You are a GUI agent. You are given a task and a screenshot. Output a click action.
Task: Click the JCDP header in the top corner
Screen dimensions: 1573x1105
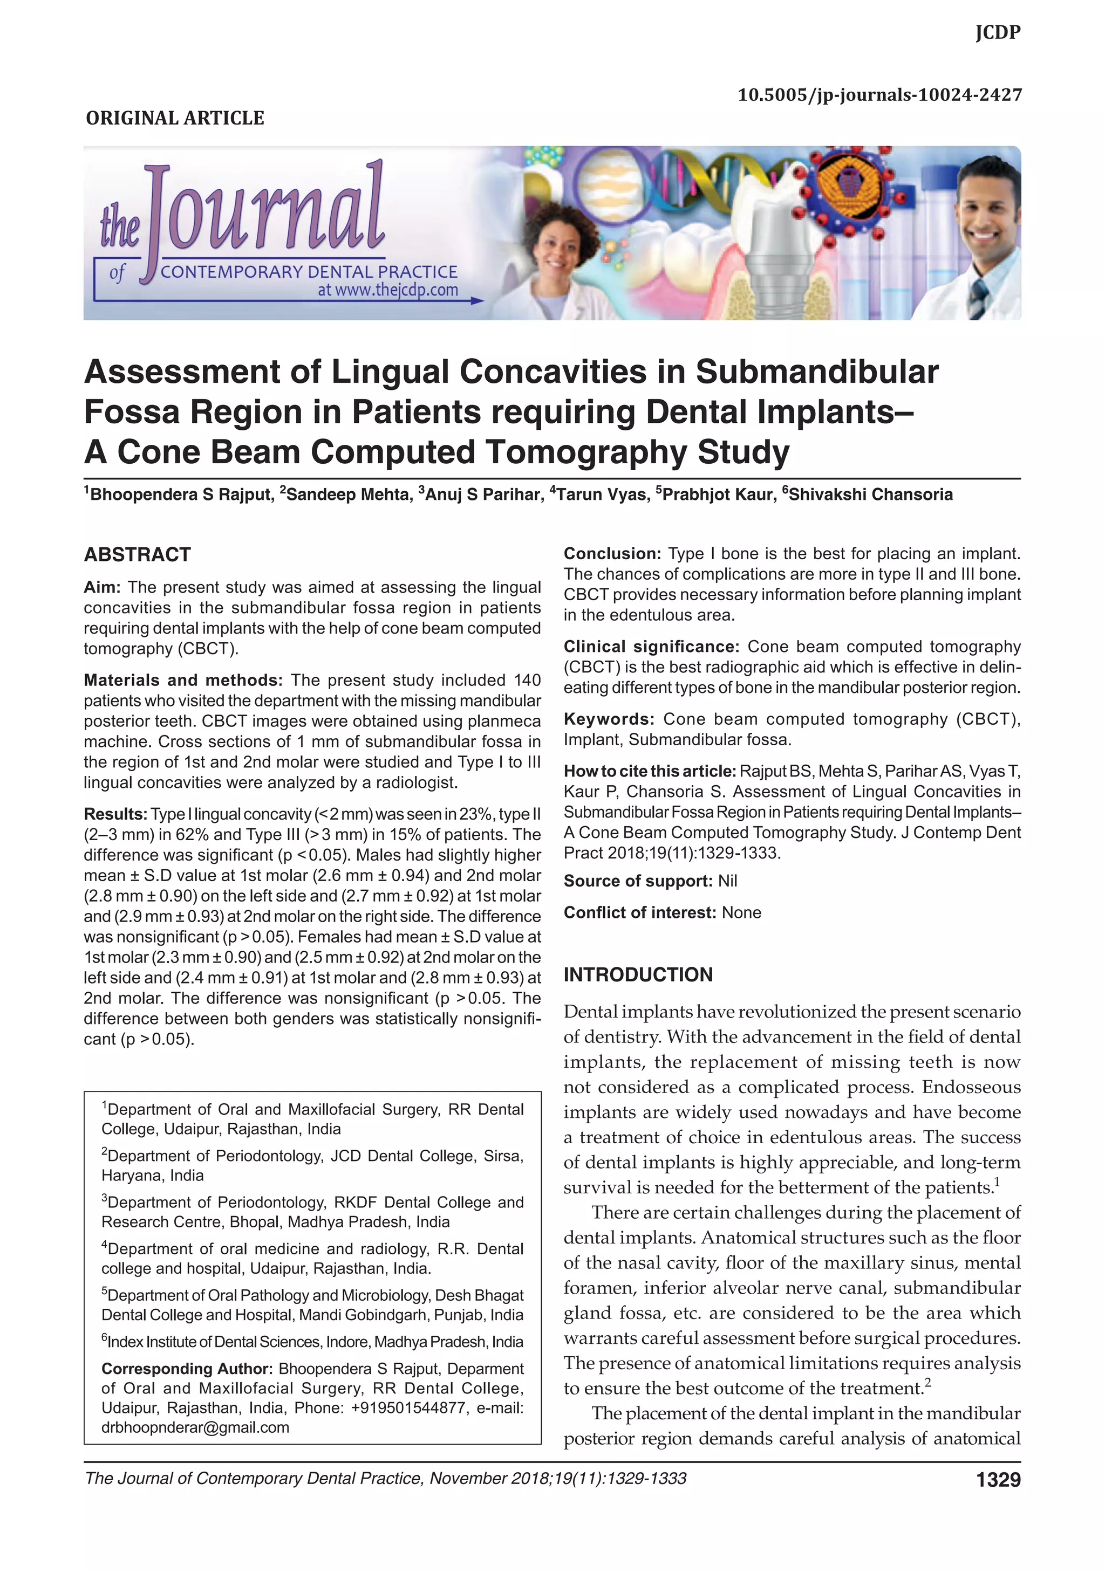(998, 32)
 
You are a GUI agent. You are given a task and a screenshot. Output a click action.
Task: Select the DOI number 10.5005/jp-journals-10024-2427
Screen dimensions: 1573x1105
(879, 95)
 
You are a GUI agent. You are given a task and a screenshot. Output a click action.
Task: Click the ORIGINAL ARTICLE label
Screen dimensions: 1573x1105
(175, 119)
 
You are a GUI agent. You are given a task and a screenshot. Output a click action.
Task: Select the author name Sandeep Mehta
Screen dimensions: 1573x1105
(347, 494)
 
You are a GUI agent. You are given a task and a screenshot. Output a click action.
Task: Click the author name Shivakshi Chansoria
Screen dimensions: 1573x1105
(870, 494)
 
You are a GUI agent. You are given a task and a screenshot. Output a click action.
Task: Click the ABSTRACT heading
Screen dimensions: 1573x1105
(137, 554)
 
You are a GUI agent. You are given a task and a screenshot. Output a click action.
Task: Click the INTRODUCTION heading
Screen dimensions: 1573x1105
(638, 974)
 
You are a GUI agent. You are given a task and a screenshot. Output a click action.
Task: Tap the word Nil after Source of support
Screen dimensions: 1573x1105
(727, 881)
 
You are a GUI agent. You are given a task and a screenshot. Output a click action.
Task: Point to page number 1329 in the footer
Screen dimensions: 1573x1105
(998, 1480)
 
